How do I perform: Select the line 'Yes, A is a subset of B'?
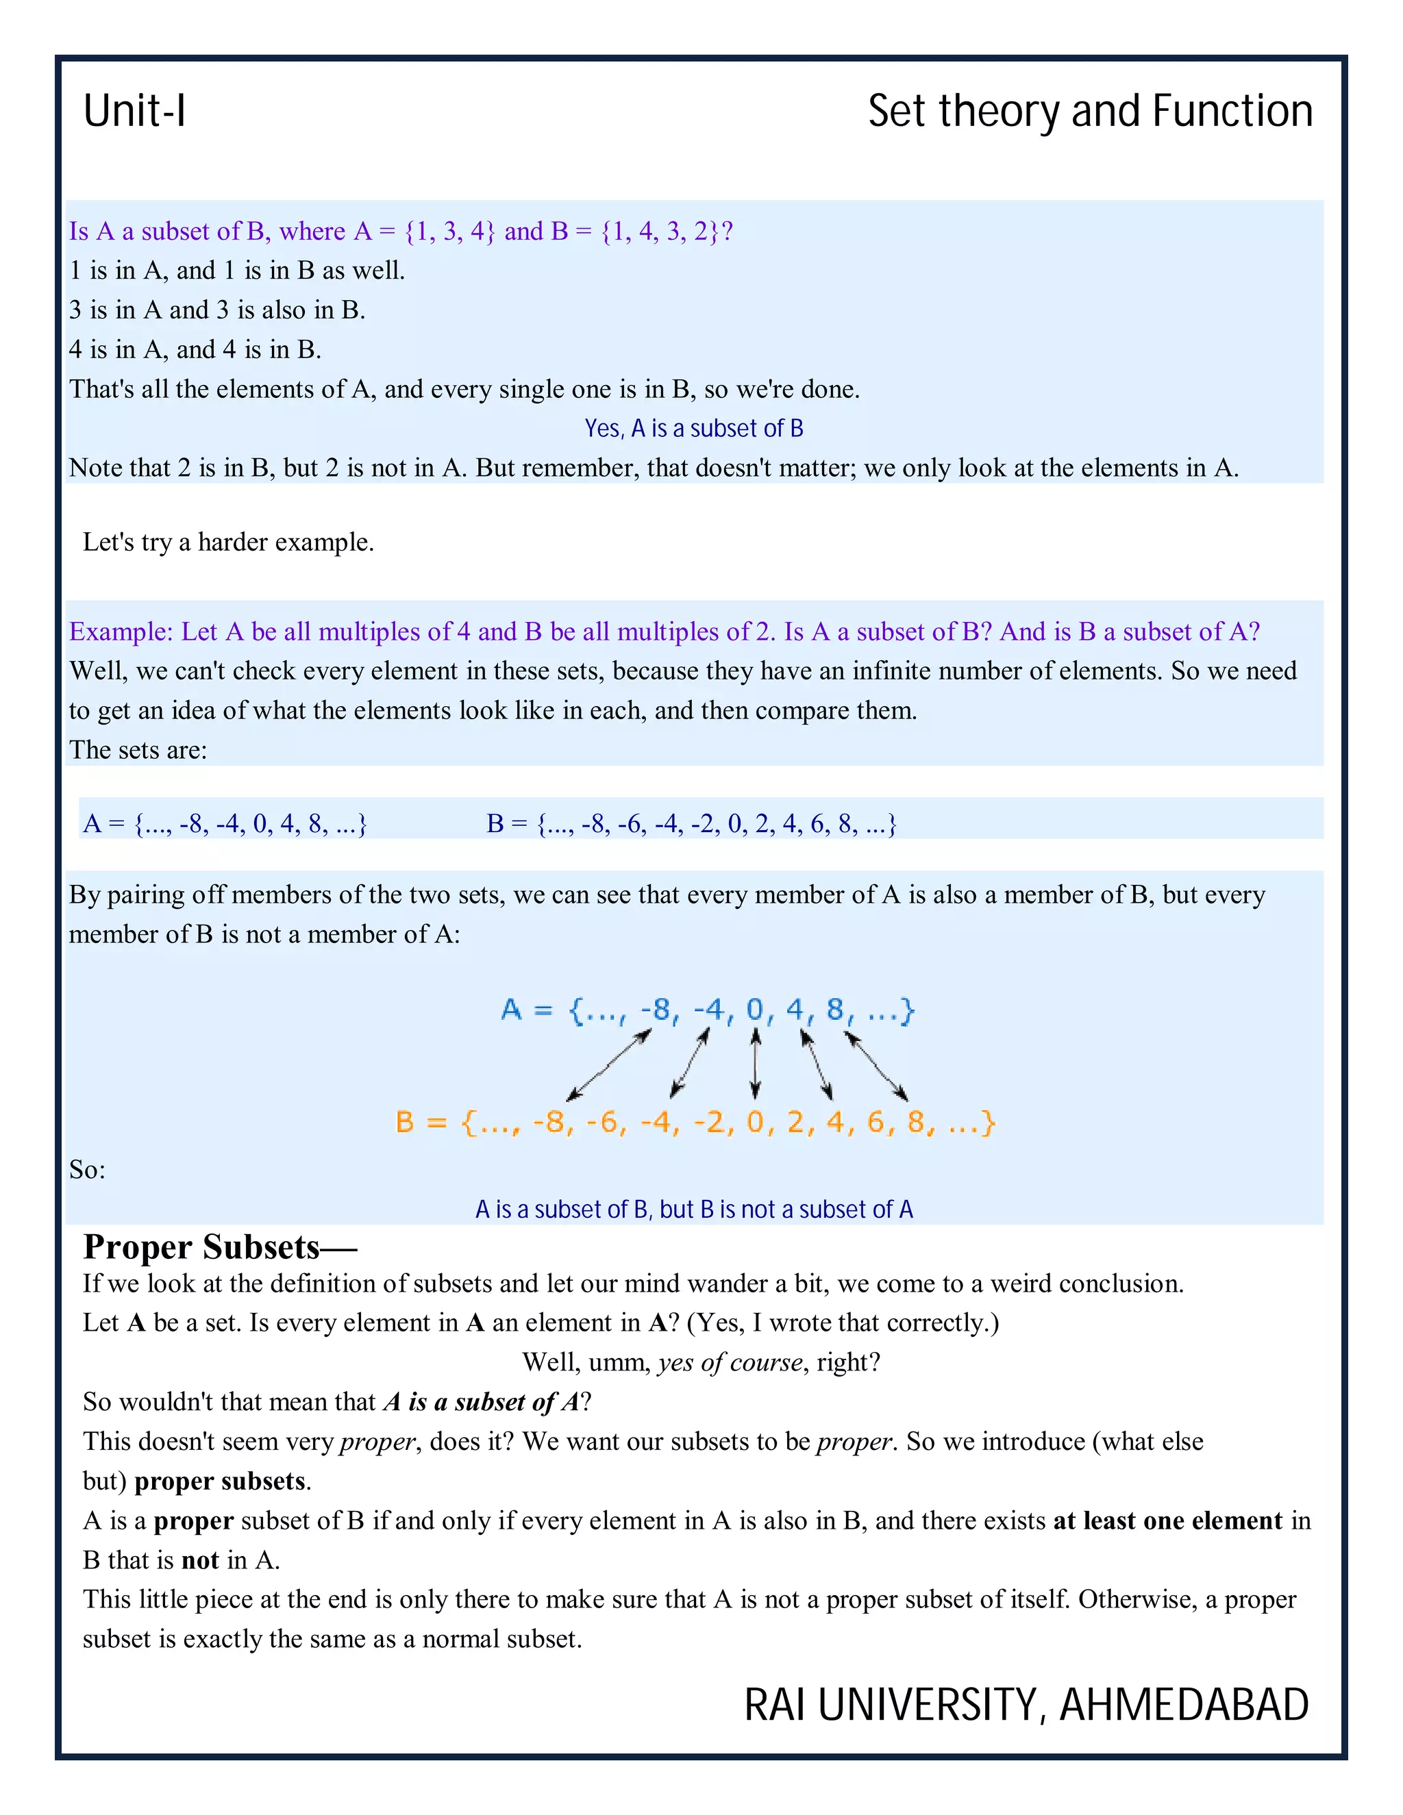[693, 428]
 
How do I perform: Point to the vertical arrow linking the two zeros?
[755, 1064]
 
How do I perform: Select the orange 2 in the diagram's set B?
[795, 1122]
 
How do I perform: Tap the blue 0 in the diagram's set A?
[755, 1009]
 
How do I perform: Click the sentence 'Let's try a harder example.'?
[229, 542]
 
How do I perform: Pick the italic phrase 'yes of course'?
[730, 1362]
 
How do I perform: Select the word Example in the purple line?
[120, 631]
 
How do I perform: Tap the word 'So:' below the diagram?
[87, 1170]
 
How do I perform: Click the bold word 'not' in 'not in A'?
[199, 1560]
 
